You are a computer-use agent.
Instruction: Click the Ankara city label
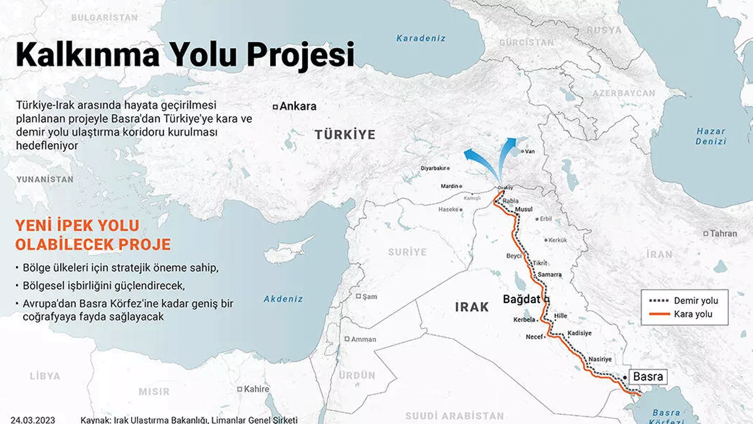click(x=298, y=107)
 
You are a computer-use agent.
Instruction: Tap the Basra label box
click(x=648, y=377)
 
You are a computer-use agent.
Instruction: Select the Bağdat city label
click(x=521, y=300)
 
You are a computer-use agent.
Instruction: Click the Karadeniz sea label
click(x=421, y=38)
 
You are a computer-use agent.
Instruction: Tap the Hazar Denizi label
click(x=711, y=137)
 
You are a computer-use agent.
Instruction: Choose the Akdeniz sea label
click(x=283, y=299)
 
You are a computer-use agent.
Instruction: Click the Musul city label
click(x=523, y=210)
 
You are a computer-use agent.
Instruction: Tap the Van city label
click(x=529, y=151)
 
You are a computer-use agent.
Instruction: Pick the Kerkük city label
click(x=557, y=240)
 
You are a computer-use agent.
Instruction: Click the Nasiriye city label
click(x=600, y=359)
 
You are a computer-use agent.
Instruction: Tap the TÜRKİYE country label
click(x=345, y=135)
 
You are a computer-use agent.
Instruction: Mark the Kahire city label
click(x=256, y=389)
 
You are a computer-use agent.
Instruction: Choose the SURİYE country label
click(x=407, y=252)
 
